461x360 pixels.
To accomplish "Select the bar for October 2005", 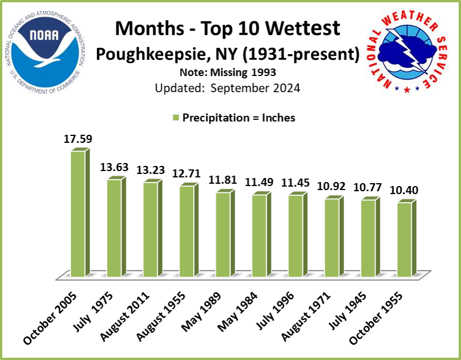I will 78,214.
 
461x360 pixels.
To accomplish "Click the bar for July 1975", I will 114,228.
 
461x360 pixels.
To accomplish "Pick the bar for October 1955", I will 405,240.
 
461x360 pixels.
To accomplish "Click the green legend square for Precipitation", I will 176,118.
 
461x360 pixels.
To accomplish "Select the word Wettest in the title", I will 299,29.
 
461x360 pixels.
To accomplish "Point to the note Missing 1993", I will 228,74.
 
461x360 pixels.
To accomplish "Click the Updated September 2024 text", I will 228,88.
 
